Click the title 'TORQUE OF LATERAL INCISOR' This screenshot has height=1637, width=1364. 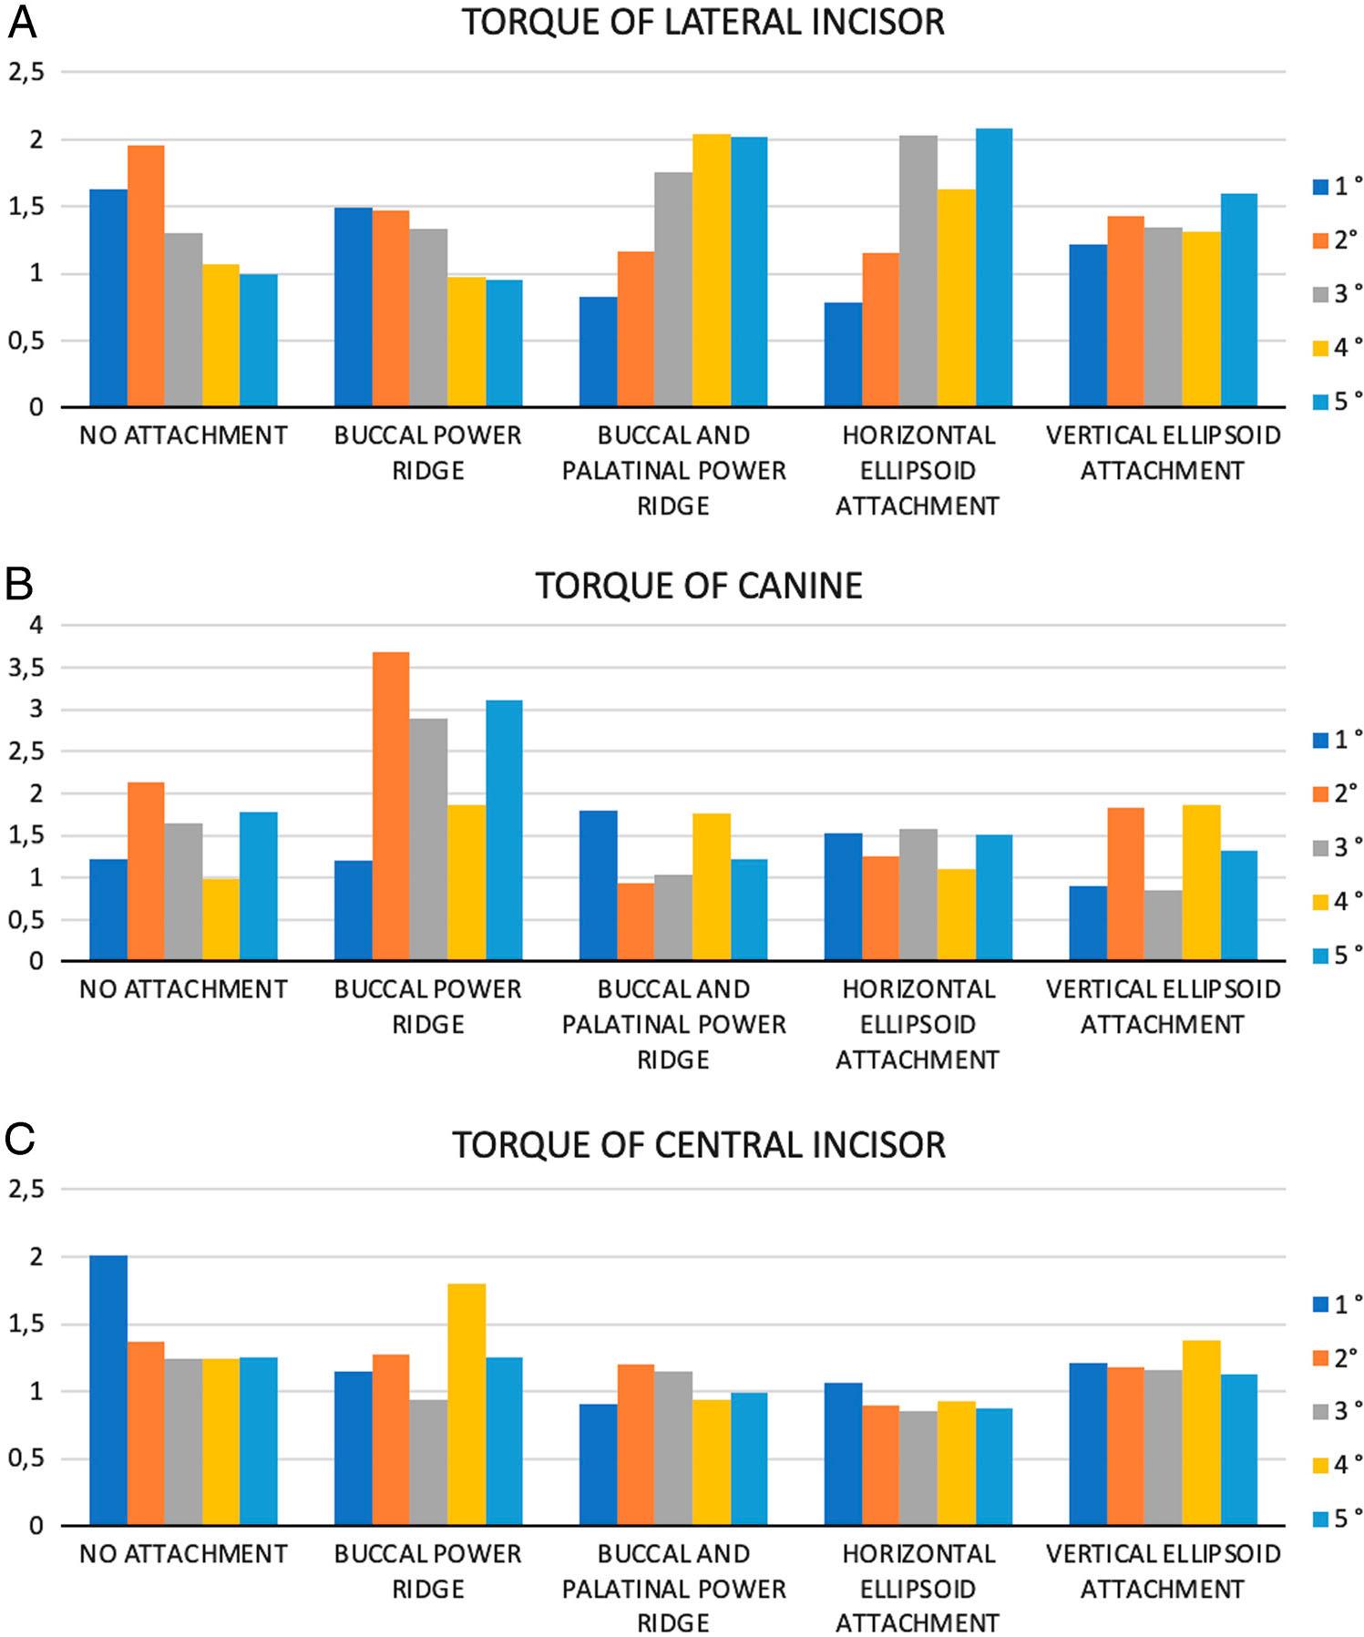(x=703, y=22)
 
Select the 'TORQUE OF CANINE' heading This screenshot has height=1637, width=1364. (x=699, y=586)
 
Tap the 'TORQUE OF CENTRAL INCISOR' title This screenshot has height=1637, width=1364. (x=699, y=1145)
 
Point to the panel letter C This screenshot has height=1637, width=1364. (x=19, y=1140)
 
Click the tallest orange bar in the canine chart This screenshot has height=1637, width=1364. (x=391, y=806)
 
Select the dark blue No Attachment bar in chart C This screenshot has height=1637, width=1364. (x=108, y=1390)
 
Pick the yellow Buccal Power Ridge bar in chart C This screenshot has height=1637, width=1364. (x=467, y=1405)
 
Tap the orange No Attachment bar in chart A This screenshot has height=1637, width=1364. (x=146, y=276)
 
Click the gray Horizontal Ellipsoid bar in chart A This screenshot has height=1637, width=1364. (x=918, y=271)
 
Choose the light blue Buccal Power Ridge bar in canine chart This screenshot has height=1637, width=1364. (x=504, y=831)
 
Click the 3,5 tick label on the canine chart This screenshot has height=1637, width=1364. (x=27, y=668)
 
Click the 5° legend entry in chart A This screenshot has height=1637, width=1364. (x=1338, y=401)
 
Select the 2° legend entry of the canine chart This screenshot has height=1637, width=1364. (x=1338, y=793)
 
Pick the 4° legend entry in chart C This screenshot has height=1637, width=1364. (x=1338, y=1465)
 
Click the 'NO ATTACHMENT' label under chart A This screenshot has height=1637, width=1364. (x=183, y=435)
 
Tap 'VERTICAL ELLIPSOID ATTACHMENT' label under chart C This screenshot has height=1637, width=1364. (x=1164, y=1571)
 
